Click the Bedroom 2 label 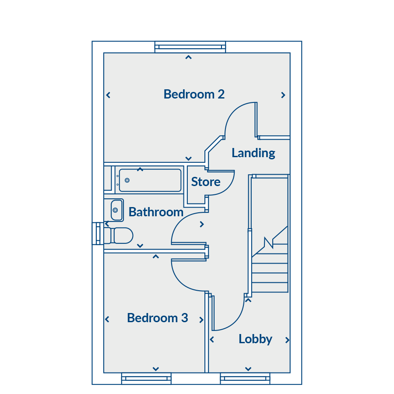(194, 95)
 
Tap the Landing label (253, 153)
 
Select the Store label (206, 182)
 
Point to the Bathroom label (156, 212)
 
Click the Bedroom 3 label (158, 318)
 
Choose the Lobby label (255, 339)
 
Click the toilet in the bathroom (118, 236)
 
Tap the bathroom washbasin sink (116, 210)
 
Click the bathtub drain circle (127, 180)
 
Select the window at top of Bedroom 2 (190, 47)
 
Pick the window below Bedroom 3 (146, 378)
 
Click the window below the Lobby (245, 378)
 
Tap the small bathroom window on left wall (98, 233)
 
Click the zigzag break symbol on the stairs (269, 243)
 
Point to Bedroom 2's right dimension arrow (283, 95)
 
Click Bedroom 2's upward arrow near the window (188, 57)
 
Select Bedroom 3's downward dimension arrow (156, 369)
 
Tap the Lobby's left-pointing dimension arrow (212, 339)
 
